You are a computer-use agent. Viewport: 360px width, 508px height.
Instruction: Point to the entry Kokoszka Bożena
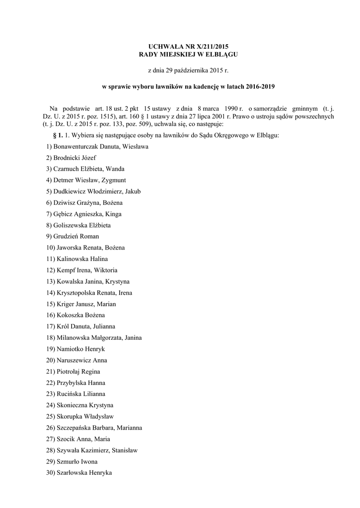coord(80,315)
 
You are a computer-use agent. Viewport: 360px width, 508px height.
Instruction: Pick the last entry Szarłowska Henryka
coord(84,473)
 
